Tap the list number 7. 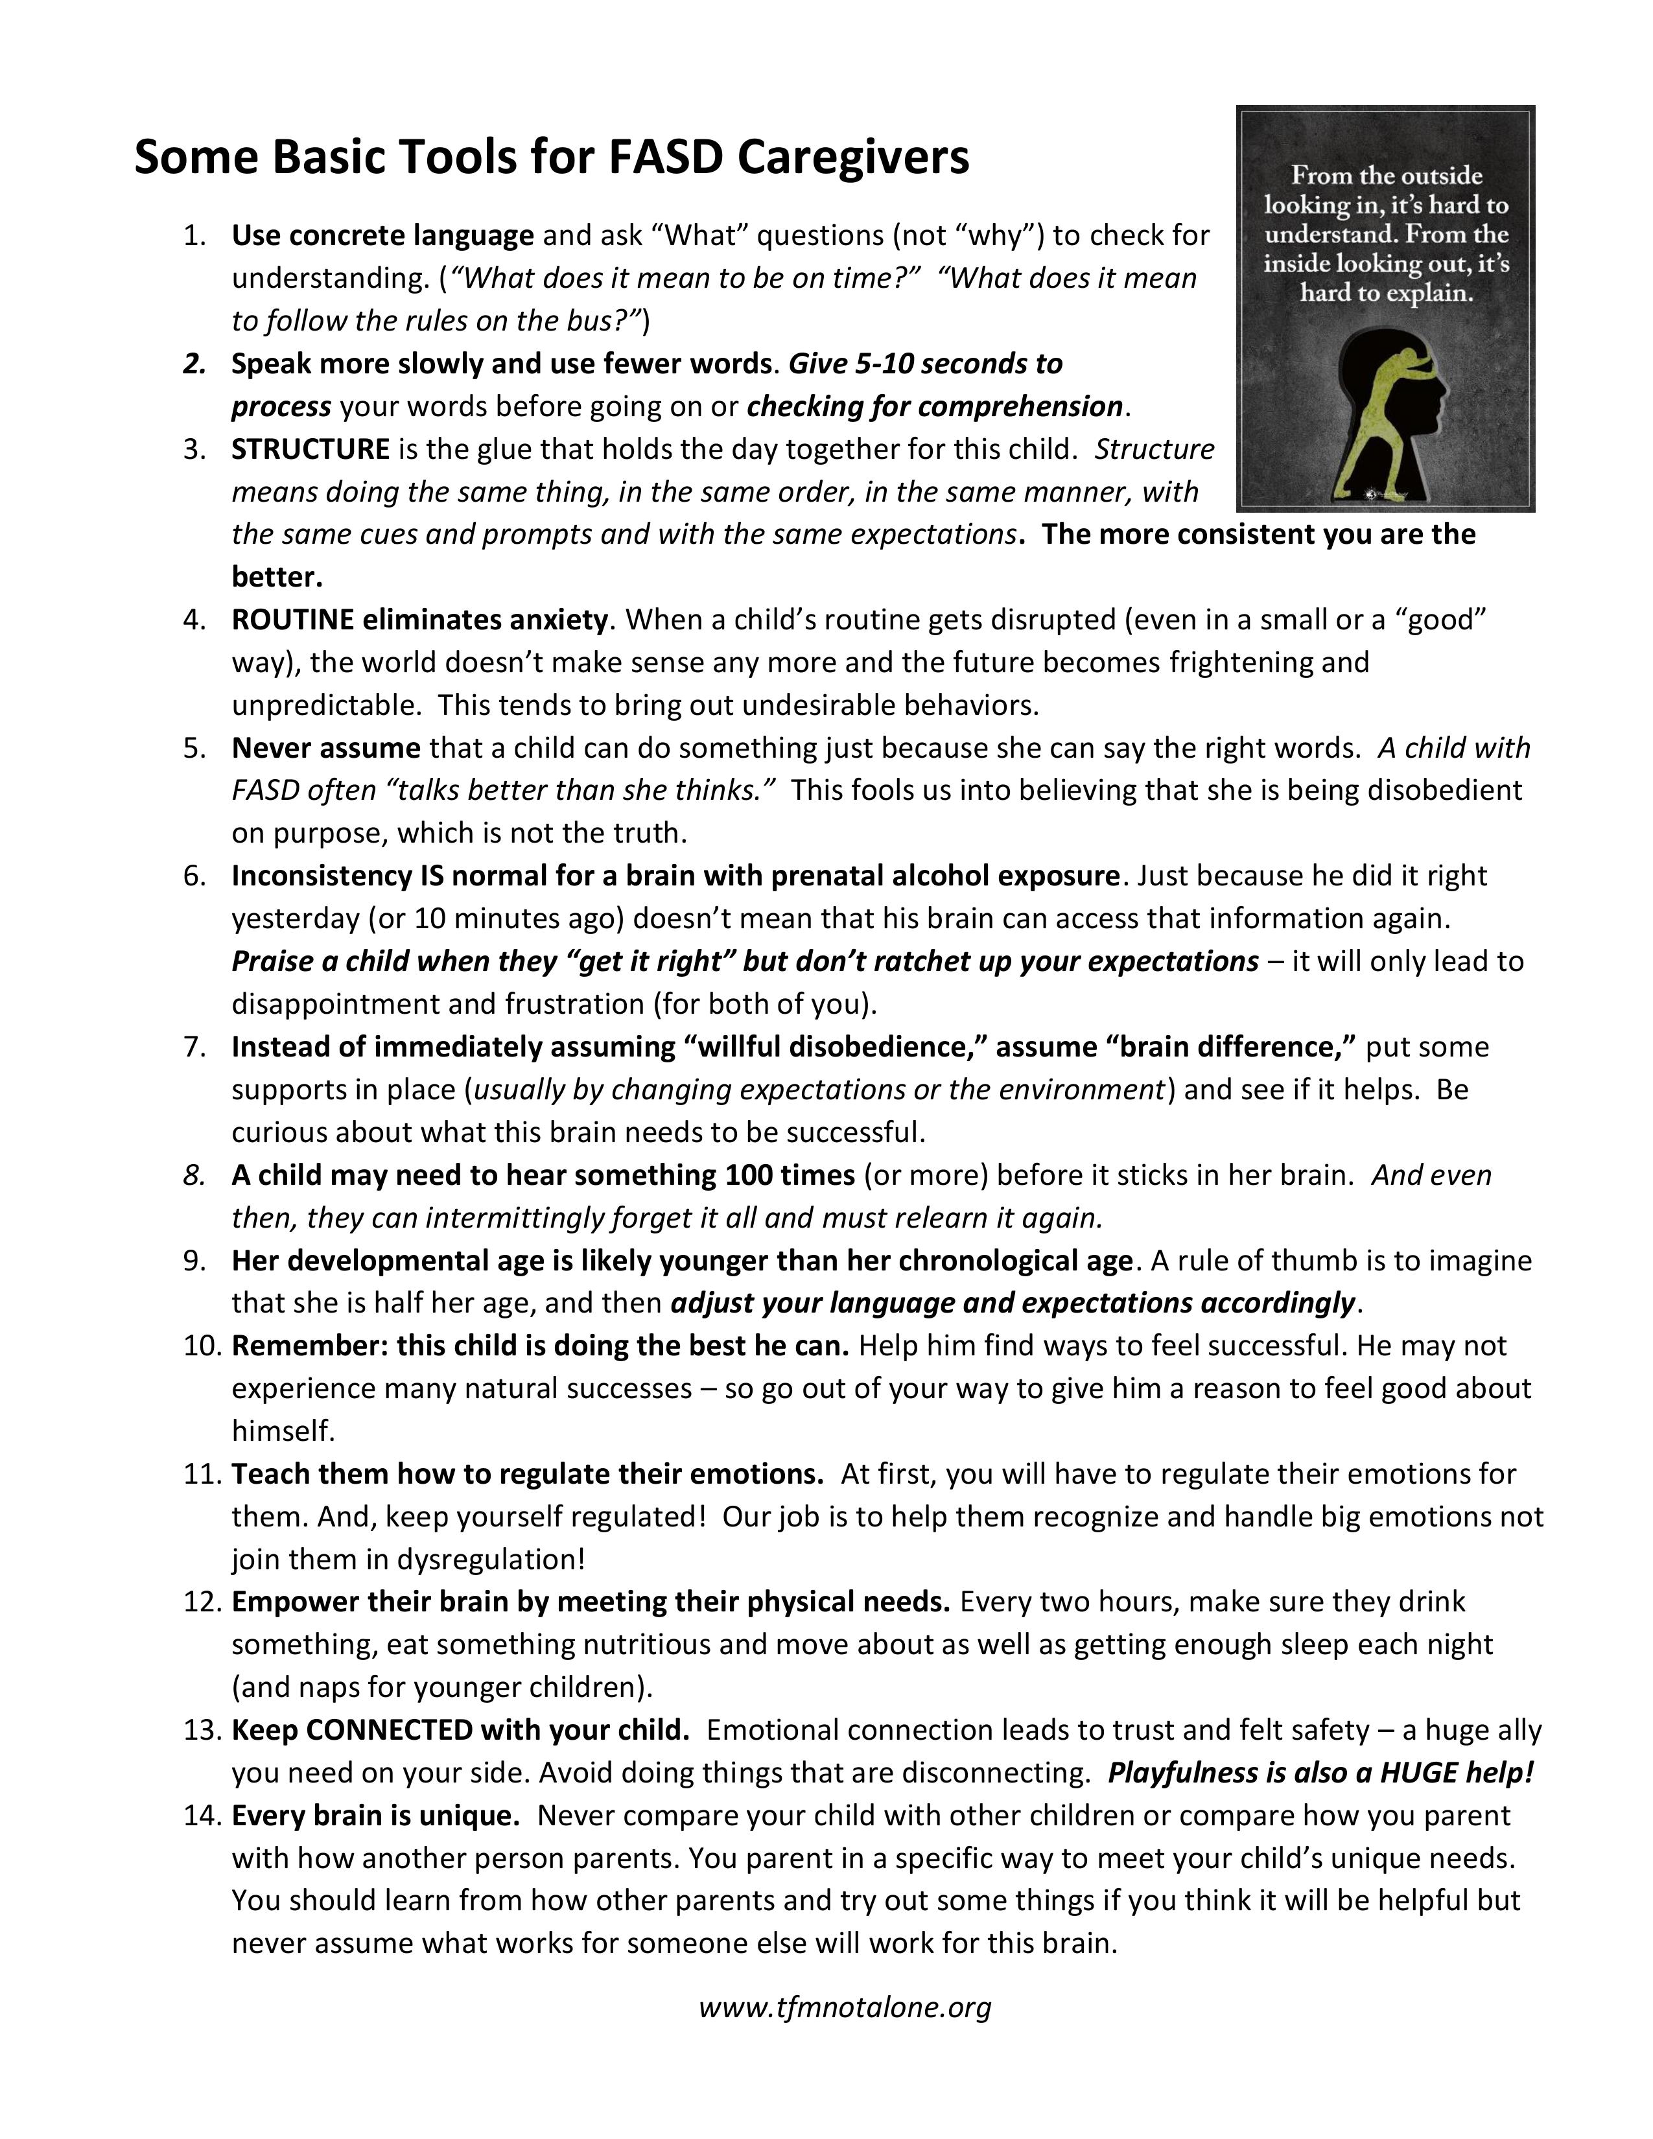point(193,1047)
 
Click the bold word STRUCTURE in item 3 point(311,450)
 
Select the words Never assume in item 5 point(325,748)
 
